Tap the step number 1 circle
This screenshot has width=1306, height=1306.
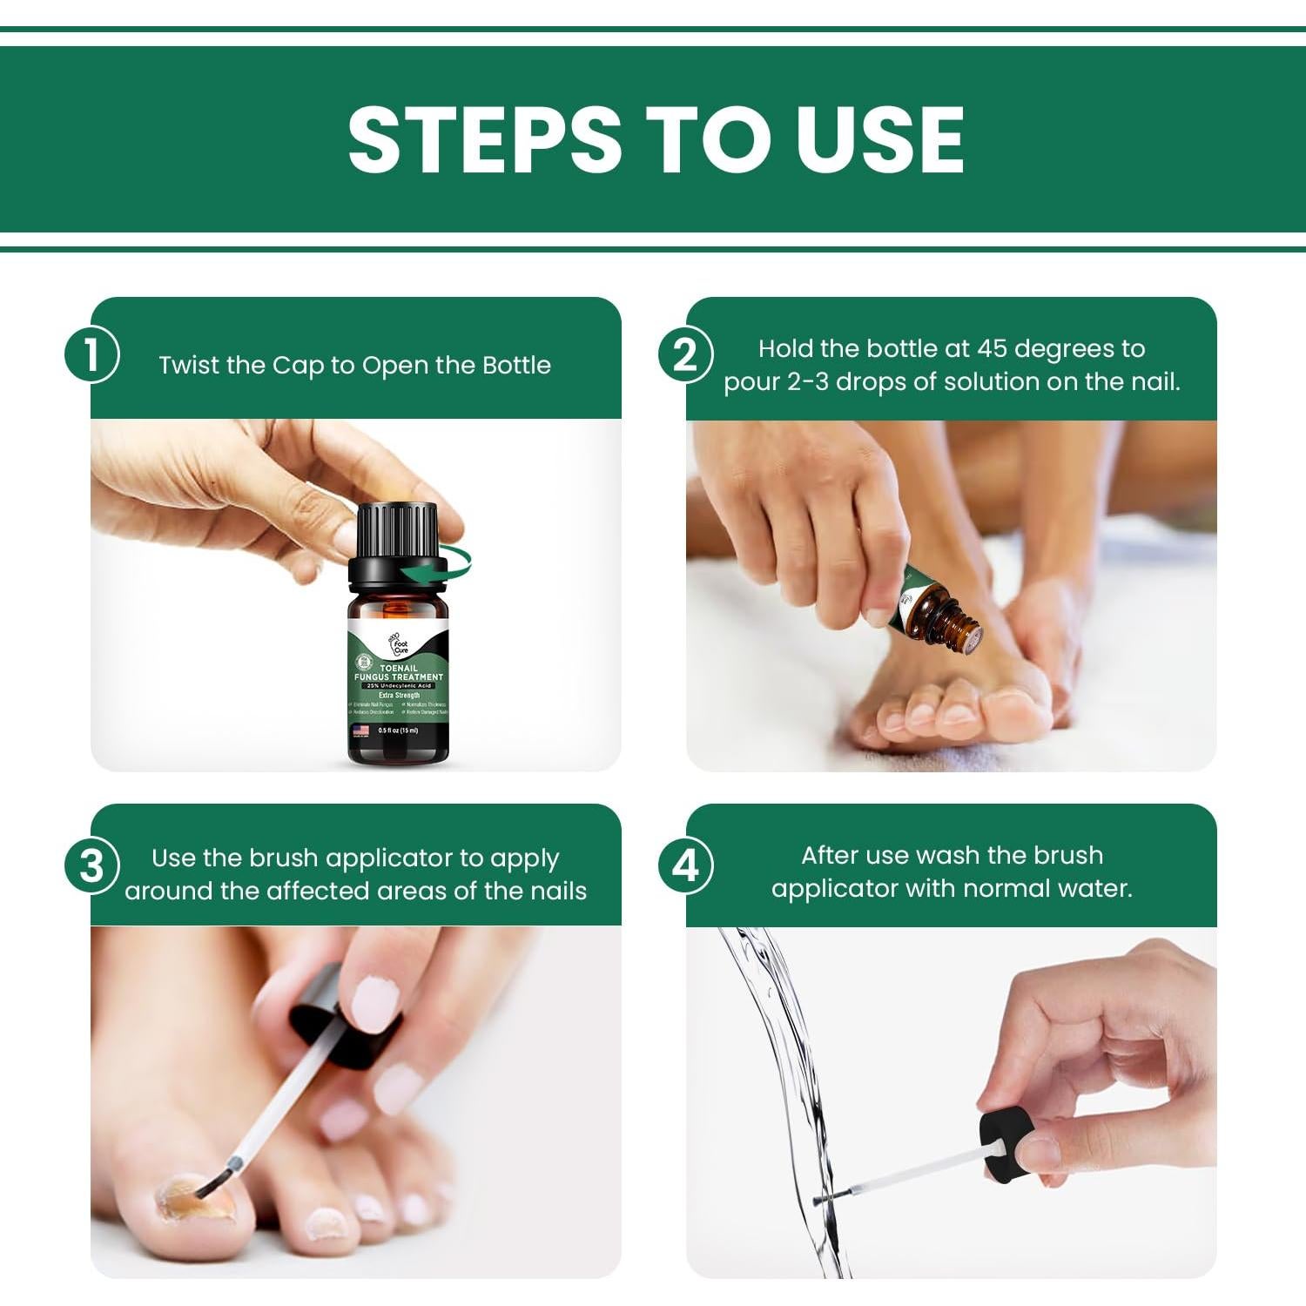(x=91, y=355)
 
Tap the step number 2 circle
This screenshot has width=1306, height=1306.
(x=686, y=355)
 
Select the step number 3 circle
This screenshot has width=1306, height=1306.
(x=91, y=866)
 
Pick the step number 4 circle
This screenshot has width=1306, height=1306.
(x=686, y=866)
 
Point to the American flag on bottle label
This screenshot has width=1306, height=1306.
(x=360, y=730)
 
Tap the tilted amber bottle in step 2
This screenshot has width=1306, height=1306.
(x=936, y=609)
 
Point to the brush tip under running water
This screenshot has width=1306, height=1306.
(x=823, y=1201)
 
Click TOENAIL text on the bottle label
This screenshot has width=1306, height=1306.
(x=398, y=668)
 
